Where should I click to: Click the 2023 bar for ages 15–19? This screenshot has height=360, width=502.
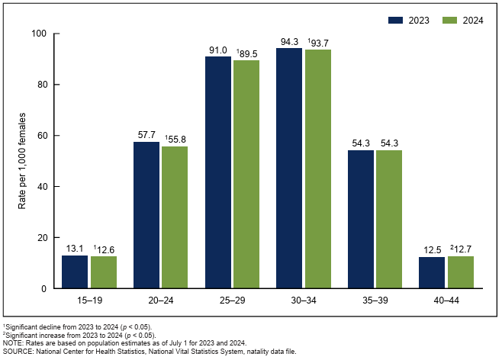[75, 272]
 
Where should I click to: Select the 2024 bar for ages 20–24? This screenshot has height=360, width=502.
[174, 217]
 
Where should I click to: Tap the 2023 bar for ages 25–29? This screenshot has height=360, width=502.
[217, 172]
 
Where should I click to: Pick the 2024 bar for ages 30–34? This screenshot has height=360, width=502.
[317, 169]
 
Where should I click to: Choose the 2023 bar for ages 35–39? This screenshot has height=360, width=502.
[361, 219]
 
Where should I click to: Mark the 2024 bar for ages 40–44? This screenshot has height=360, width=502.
[461, 272]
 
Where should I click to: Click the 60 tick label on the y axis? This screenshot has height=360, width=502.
[41, 136]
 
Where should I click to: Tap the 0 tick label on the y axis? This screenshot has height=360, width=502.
[43, 288]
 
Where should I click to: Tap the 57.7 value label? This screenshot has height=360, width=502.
[146, 135]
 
